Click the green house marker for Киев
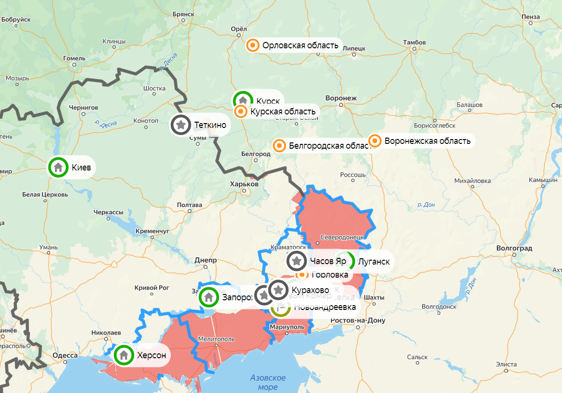58,168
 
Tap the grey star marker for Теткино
181,125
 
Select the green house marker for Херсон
124,355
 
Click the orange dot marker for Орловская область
253,45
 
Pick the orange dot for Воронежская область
375,141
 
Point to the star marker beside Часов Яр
297,261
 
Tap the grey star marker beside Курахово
279,290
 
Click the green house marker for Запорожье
209,297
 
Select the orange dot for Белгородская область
279,145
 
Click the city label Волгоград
514,248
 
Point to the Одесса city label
65,355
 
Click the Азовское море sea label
268,382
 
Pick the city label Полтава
189,205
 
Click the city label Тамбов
414,42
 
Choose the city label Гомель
74,58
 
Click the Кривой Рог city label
152,287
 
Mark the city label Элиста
506,364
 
